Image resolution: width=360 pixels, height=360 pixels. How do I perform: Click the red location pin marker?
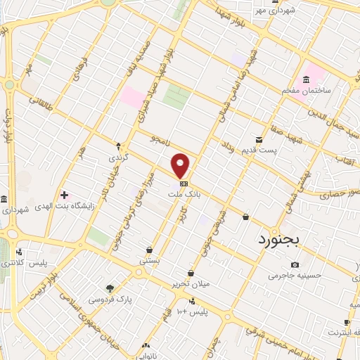tap(181, 166)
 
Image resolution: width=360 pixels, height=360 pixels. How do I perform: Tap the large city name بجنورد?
tap(276, 239)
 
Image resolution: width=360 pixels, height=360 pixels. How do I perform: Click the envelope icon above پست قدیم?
tap(259, 140)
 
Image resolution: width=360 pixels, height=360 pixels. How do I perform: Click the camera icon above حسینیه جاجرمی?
tap(295, 264)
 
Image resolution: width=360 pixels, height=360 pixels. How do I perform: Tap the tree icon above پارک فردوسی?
tap(109, 288)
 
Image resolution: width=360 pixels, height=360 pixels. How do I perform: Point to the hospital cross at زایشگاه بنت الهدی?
tap(64, 194)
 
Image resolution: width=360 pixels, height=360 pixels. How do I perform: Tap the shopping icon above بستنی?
tap(149, 250)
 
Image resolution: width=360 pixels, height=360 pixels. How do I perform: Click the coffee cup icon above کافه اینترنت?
tap(347, 322)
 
